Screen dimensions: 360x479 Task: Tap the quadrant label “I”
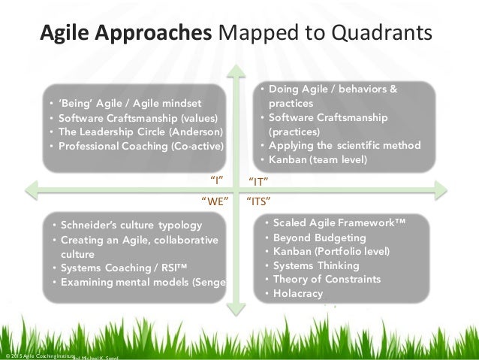217,180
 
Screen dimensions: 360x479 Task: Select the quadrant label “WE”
214,201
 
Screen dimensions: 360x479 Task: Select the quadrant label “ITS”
259,201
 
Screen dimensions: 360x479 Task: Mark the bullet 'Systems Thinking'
316,265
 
